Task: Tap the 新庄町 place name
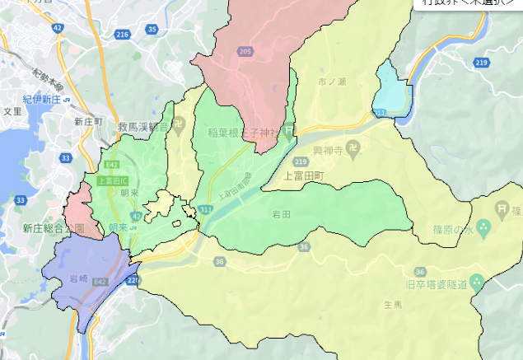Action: point(87,121)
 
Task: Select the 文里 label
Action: point(12,110)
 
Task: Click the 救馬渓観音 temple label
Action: point(142,127)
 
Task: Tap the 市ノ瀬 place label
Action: point(334,82)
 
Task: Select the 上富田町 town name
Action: point(305,175)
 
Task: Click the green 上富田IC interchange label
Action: point(111,180)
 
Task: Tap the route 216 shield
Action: point(123,34)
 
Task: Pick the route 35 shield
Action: point(152,29)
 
